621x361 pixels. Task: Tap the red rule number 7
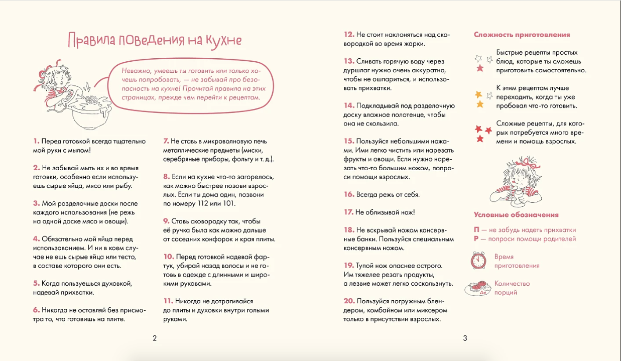click(166, 141)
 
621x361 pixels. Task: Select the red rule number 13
click(349, 61)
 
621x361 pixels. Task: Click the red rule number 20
click(349, 301)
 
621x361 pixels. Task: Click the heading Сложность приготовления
click(522, 35)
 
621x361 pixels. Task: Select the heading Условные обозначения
click(516, 215)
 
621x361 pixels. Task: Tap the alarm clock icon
click(479, 260)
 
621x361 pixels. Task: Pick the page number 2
click(155, 338)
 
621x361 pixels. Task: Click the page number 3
click(465, 338)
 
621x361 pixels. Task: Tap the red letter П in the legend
click(476, 230)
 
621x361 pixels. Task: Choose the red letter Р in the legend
click(476, 239)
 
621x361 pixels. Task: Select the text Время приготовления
click(517, 261)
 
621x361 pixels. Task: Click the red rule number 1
click(36, 141)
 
